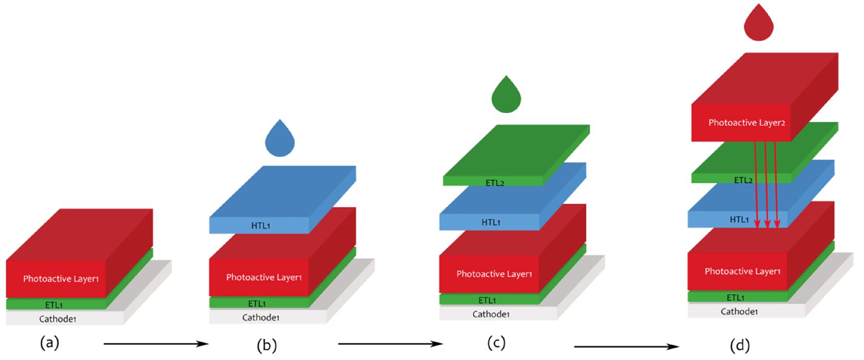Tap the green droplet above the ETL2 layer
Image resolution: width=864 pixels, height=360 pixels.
click(x=506, y=97)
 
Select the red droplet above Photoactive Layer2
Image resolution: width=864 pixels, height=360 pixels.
click(x=758, y=24)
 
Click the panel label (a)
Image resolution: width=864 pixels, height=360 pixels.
click(x=50, y=343)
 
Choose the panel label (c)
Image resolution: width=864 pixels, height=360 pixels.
click(x=496, y=343)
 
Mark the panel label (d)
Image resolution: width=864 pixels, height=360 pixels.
click(x=740, y=345)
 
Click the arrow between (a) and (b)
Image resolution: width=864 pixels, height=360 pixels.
click(x=156, y=344)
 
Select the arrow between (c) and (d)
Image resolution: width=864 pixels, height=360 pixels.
click(x=626, y=346)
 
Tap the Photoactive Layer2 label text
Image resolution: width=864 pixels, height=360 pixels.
click(x=746, y=123)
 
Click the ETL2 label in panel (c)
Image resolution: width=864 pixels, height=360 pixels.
click(x=495, y=183)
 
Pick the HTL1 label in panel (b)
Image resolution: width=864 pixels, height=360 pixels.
click(x=261, y=226)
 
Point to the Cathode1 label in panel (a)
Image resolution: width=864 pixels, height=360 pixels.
click(x=57, y=319)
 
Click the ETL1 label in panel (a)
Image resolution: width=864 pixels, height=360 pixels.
click(x=54, y=305)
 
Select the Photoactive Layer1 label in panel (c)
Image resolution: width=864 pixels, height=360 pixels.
click(x=494, y=274)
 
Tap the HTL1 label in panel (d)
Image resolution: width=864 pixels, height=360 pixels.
click(x=739, y=220)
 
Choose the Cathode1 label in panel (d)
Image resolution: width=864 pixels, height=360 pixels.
click(x=739, y=311)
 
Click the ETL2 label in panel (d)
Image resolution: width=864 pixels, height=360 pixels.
click(x=743, y=180)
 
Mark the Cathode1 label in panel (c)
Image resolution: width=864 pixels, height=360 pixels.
click(x=491, y=314)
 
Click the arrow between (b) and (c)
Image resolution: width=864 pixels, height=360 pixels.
click(x=390, y=344)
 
